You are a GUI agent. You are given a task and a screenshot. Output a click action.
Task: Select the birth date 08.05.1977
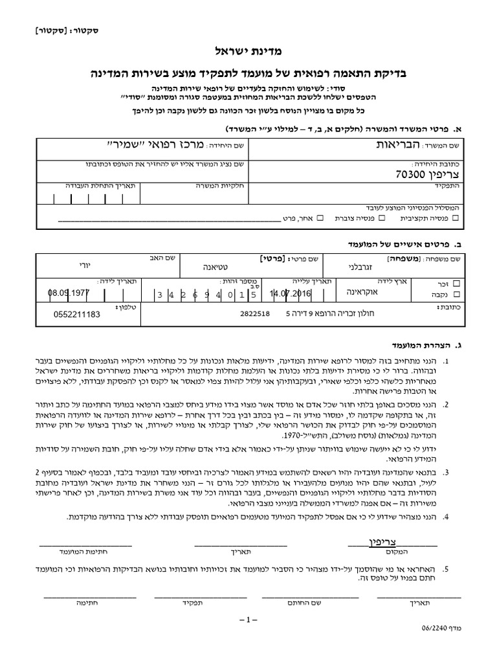tap(69, 293)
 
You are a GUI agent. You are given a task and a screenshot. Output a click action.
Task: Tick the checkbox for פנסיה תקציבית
tap(456, 219)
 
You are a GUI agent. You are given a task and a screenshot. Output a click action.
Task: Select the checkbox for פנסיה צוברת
tap(382, 219)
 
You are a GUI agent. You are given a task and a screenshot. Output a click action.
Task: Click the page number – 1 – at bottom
tap(248, 620)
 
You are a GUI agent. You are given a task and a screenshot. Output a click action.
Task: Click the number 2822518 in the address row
tap(259, 313)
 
